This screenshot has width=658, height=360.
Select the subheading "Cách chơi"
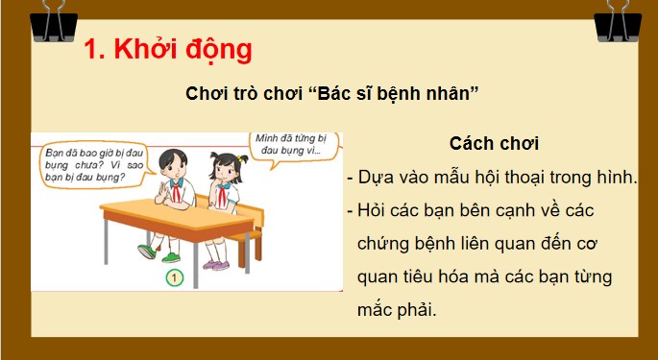494,144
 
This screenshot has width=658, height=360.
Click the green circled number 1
175,278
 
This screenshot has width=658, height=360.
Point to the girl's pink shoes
220,264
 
